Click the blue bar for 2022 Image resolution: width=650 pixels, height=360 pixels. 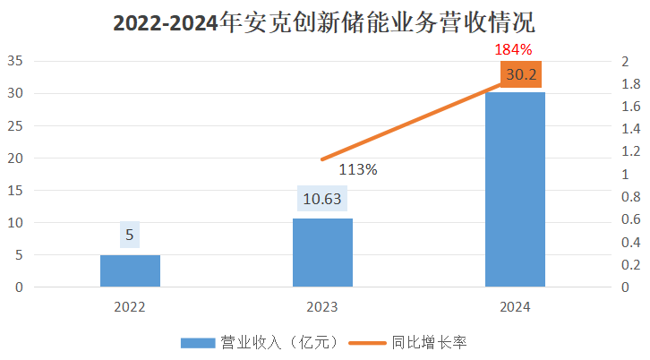coord(130,270)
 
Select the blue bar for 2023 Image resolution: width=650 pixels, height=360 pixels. coord(322,253)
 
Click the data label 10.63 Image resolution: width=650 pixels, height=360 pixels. coord(322,199)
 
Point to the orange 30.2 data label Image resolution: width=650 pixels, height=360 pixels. coord(521,74)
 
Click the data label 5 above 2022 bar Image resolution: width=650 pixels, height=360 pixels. coord(130,236)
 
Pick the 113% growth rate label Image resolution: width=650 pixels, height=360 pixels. coord(357,168)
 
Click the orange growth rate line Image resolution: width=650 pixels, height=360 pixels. coord(412,123)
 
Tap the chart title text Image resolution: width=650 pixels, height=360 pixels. coord(324,22)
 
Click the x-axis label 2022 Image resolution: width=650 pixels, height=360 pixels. coord(130,306)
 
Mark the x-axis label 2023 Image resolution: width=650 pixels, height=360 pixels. coord(322,306)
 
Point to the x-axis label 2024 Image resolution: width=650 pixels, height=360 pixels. coord(515,306)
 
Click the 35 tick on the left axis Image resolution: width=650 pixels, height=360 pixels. coord(15,62)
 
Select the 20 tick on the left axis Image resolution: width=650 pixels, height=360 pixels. coord(15,159)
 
